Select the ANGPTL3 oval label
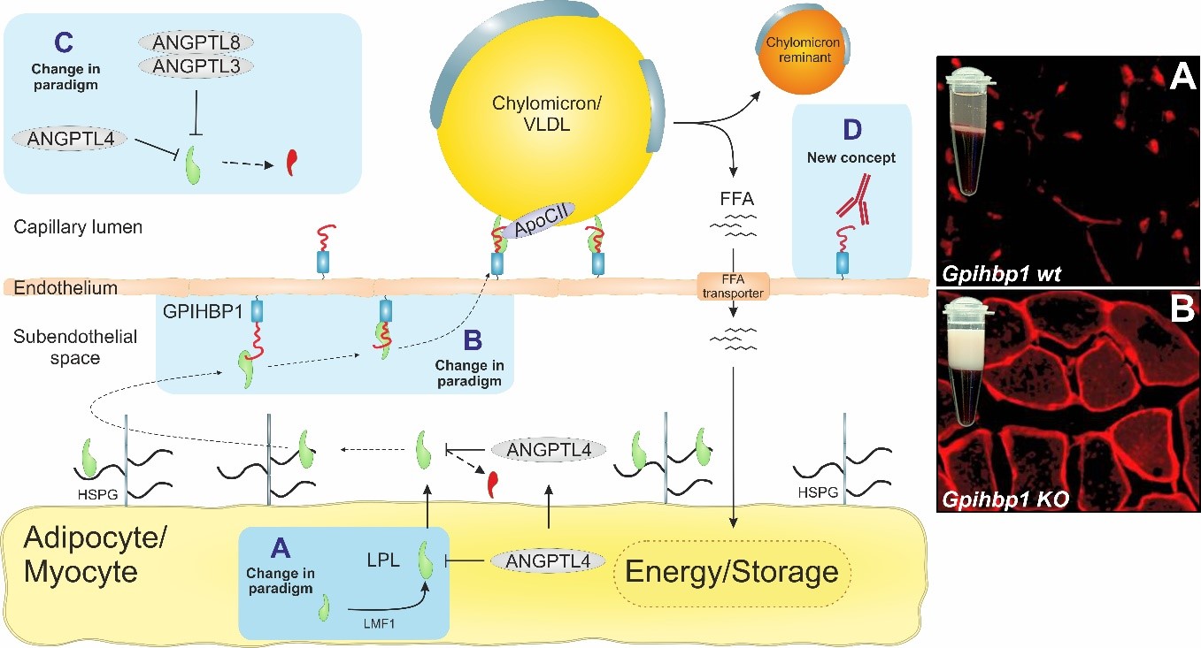pos(196,65)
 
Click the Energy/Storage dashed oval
pos(731,572)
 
